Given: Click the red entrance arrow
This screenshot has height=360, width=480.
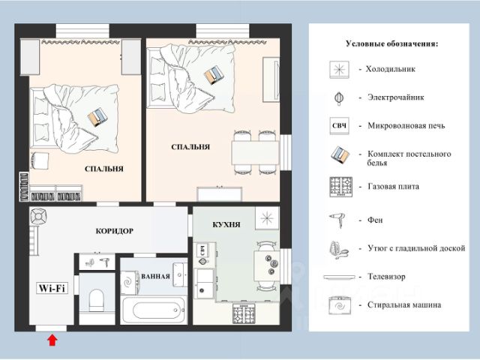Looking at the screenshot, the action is point(52,340).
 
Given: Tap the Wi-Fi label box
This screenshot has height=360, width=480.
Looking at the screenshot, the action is point(52,288).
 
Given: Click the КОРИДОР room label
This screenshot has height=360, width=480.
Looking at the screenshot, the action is point(115,231).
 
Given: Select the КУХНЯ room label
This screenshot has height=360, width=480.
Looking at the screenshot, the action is point(226,225).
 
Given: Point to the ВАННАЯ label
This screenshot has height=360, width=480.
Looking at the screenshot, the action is point(155,277).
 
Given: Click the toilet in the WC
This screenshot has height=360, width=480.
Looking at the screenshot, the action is point(97,300).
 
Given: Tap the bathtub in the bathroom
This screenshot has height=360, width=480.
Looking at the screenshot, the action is point(154,310).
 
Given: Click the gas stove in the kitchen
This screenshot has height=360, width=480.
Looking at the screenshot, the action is point(244,313).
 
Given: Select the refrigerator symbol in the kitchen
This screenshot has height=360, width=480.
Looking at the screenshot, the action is point(267,218).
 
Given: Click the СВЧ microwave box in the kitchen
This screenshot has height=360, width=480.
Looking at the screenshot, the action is point(202,250).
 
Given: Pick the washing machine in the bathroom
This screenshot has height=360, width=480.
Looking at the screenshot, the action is point(130,283).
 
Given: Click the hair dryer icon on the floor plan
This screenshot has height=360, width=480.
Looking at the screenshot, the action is point(105,262).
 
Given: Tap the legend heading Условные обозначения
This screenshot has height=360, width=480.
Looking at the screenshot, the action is point(391,43).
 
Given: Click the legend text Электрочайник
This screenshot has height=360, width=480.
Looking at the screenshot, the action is point(396,97).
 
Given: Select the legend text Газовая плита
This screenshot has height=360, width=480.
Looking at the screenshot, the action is point(393,187).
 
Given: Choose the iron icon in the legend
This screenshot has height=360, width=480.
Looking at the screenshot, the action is point(339,250).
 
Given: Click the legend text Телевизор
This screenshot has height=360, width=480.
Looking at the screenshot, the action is point(386,277).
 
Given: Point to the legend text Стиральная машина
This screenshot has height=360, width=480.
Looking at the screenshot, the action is point(404,305).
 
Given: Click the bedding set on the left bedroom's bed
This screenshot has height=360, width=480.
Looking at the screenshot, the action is point(97,117).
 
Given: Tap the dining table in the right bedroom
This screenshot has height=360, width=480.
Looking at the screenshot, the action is point(255,153).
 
